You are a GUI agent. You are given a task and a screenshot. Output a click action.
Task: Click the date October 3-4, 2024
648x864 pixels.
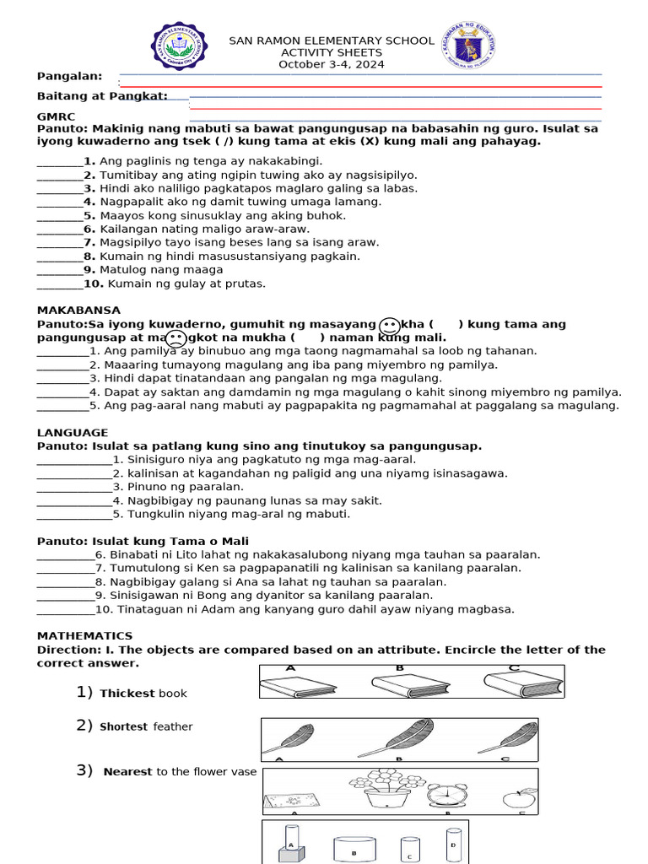pyautogui.click(x=332, y=64)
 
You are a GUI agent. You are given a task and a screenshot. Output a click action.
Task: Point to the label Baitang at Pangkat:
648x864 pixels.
pyautogui.click(x=102, y=96)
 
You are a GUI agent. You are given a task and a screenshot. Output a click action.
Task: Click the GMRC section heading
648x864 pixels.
pyautogui.click(x=56, y=116)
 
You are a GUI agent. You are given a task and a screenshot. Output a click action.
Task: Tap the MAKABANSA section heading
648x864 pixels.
pyautogui.click(x=78, y=310)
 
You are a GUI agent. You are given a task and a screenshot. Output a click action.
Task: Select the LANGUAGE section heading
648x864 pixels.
pyautogui.click(x=73, y=433)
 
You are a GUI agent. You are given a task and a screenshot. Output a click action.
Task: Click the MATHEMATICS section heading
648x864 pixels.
pyautogui.click(x=84, y=636)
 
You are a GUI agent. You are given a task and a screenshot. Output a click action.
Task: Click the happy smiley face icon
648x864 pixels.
pyautogui.click(x=389, y=326)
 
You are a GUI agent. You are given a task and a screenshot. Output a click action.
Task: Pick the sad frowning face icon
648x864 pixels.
pyautogui.click(x=175, y=339)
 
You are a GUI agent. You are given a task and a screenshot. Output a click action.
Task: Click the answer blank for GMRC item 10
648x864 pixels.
pyautogui.click(x=59, y=284)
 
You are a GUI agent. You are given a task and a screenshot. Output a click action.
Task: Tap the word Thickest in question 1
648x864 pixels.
pyautogui.click(x=127, y=694)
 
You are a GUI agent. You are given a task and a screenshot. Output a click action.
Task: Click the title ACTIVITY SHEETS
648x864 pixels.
pyautogui.click(x=332, y=52)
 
